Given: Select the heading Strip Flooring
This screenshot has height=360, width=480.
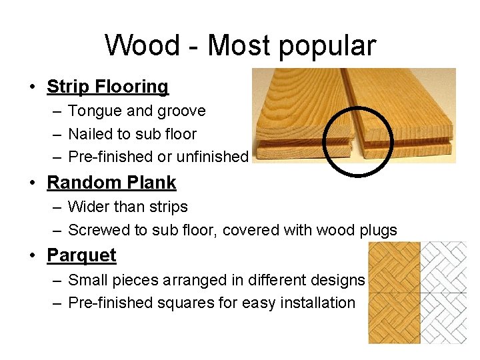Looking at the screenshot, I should click(x=107, y=87).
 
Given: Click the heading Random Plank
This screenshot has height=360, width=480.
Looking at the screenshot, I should click(x=111, y=182).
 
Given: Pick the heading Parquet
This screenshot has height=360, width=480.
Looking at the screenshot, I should click(x=81, y=255).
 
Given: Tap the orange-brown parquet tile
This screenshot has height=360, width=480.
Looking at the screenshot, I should click(x=394, y=293).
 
